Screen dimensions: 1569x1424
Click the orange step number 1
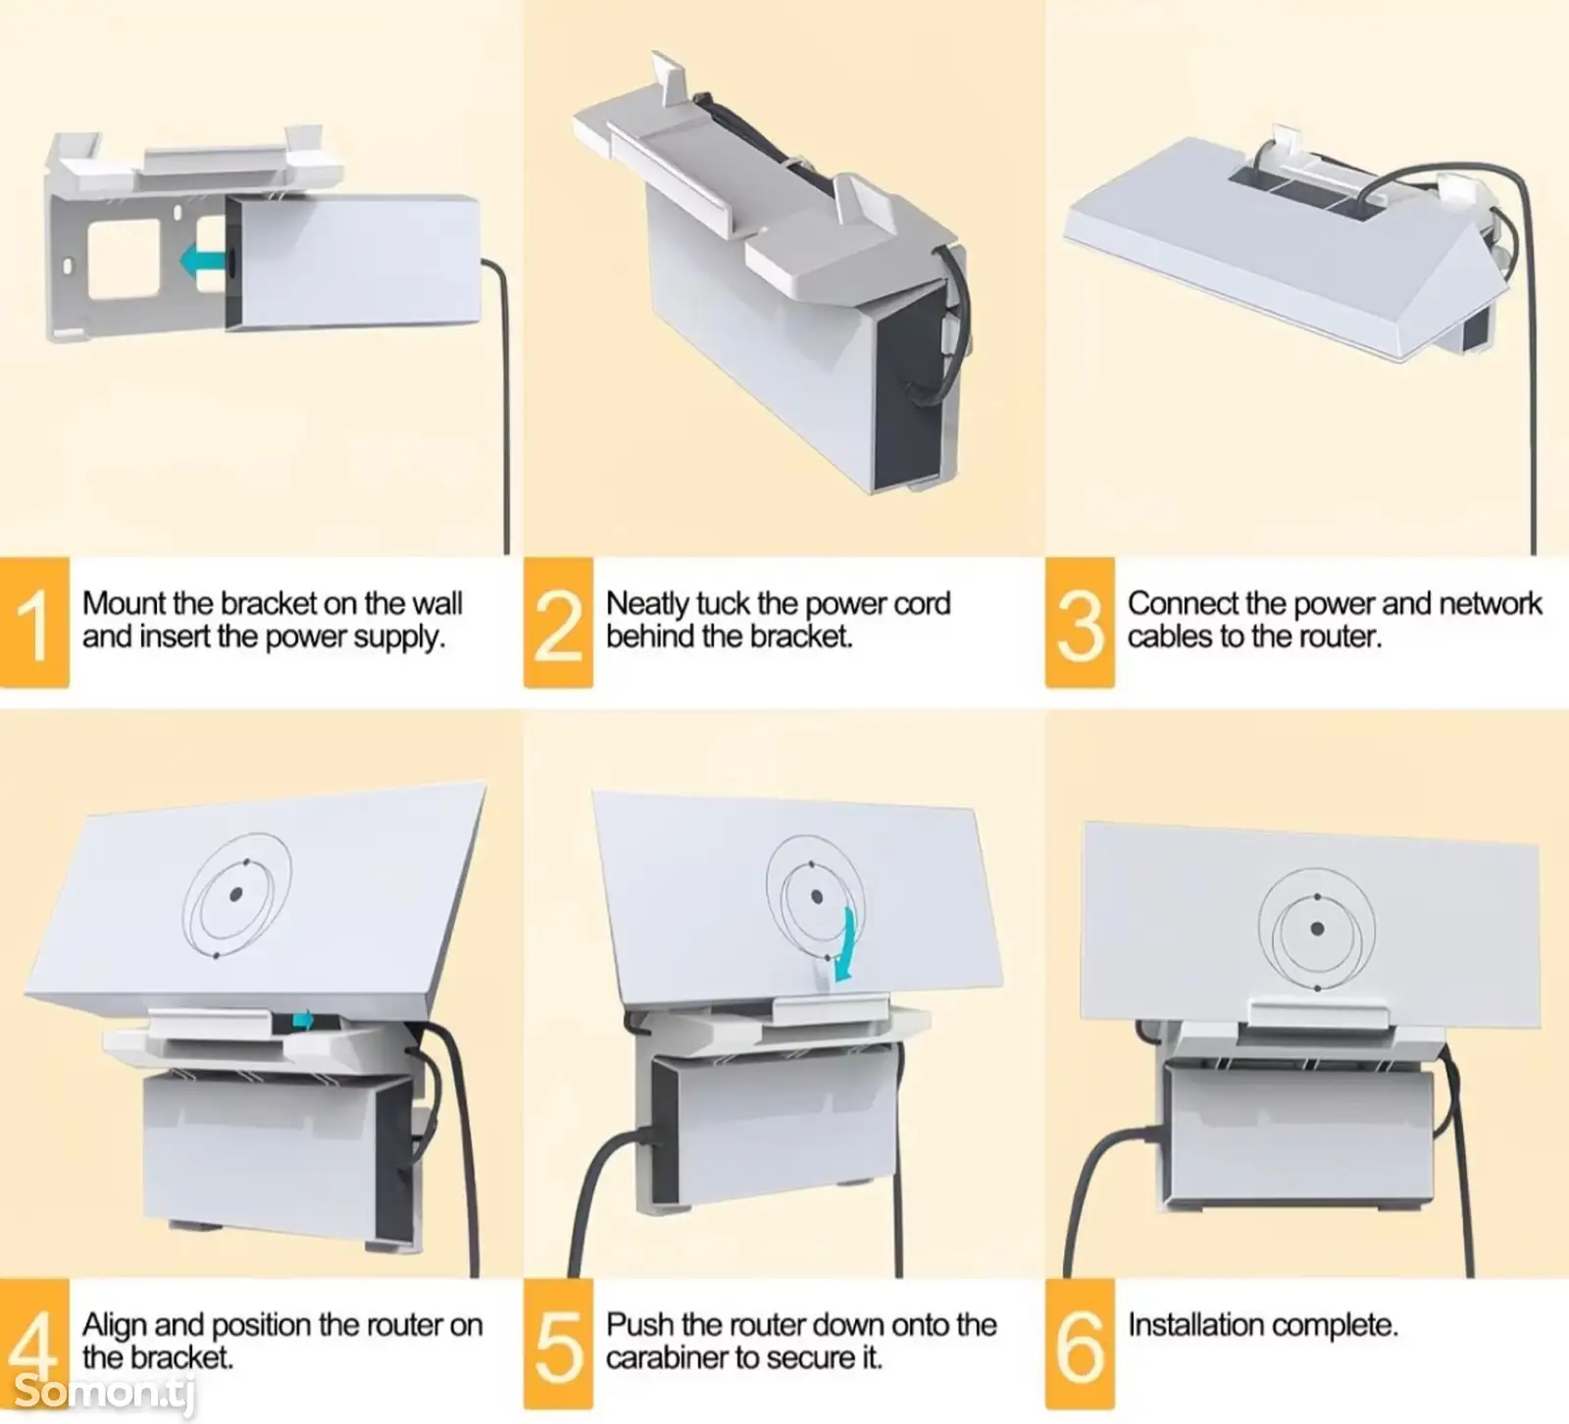[34, 623]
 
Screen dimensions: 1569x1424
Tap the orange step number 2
[558, 623]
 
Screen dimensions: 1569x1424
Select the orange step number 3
[1080, 623]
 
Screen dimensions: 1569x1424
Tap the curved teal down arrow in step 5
[843, 944]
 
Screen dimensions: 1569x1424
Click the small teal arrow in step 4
[304, 1020]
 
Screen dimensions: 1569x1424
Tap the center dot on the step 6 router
[1317, 929]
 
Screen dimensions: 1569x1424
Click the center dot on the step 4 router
[236, 894]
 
